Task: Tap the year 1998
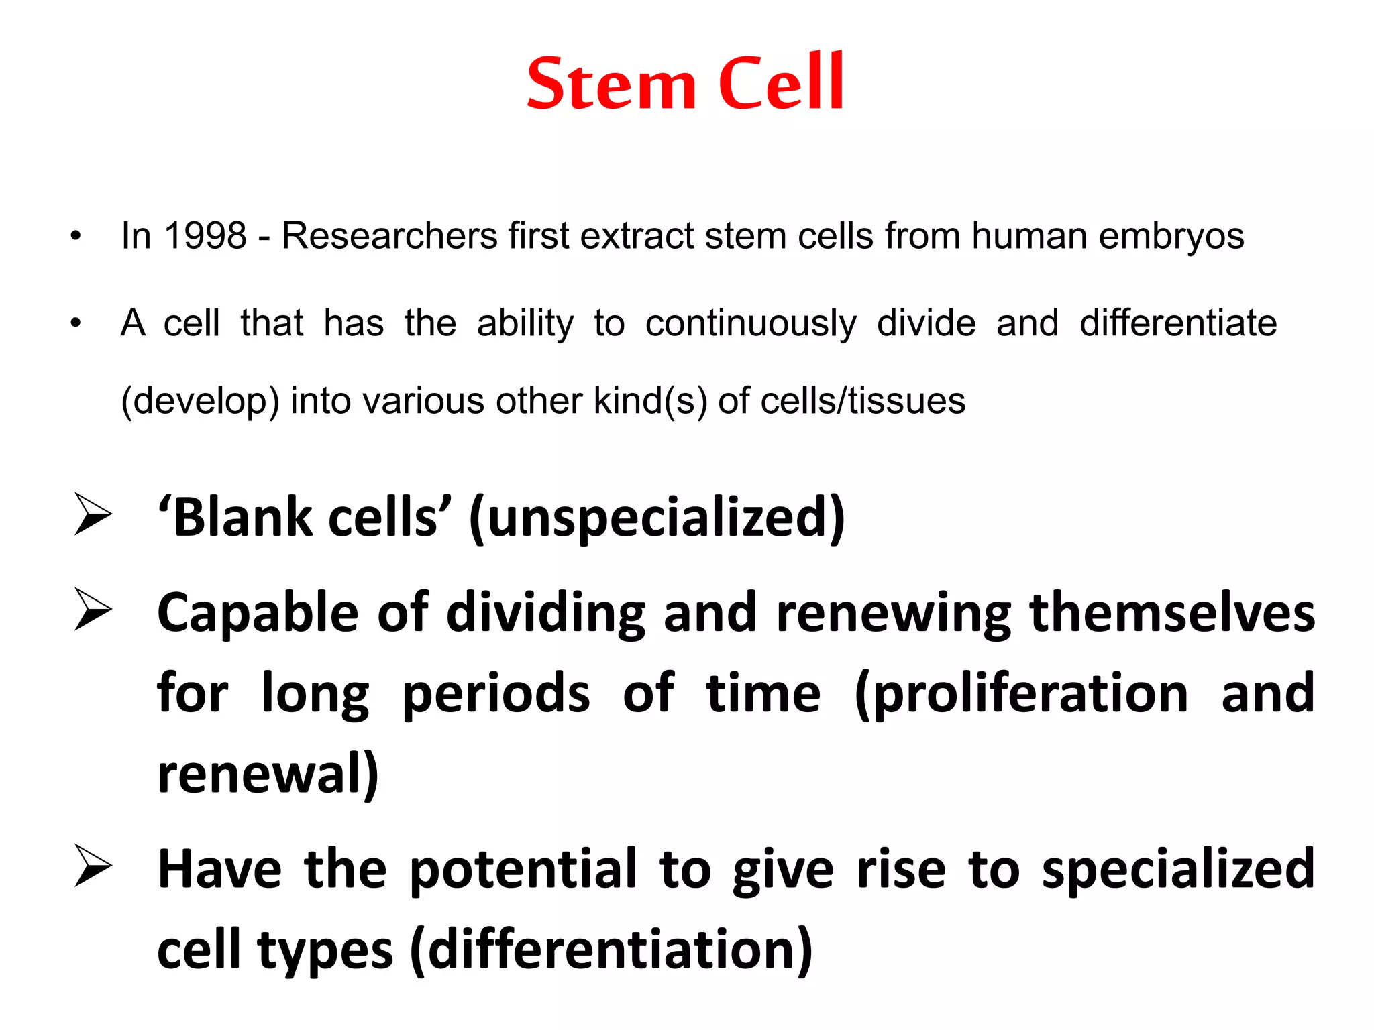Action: click(205, 236)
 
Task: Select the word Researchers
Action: click(389, 236)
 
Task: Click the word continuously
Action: click(751, 324)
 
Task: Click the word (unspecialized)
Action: click(657, 518)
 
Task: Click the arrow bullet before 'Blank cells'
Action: click(93, 514)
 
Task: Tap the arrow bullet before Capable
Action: click(93, 610)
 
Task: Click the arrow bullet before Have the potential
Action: click(93, 866)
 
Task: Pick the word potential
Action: click(523, 870)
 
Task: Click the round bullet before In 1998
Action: click(76, 236)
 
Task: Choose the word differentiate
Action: click(1177, 323)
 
